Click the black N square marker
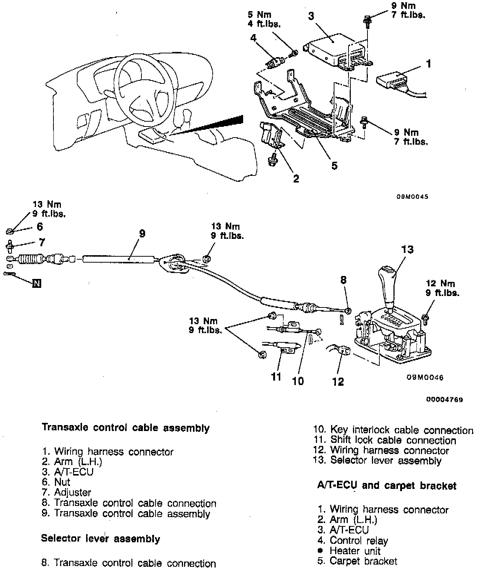pos(36,284)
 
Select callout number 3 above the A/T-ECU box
pos(311,16)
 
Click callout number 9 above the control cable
pos(142,234)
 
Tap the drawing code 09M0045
pos(412,197)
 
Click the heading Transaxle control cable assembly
pos(126,428)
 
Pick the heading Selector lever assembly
pos(100,539)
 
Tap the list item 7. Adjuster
pos(66,493)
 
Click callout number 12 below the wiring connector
pos(338,381)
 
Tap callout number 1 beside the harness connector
pos(429,64)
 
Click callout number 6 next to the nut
pos(40,226)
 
